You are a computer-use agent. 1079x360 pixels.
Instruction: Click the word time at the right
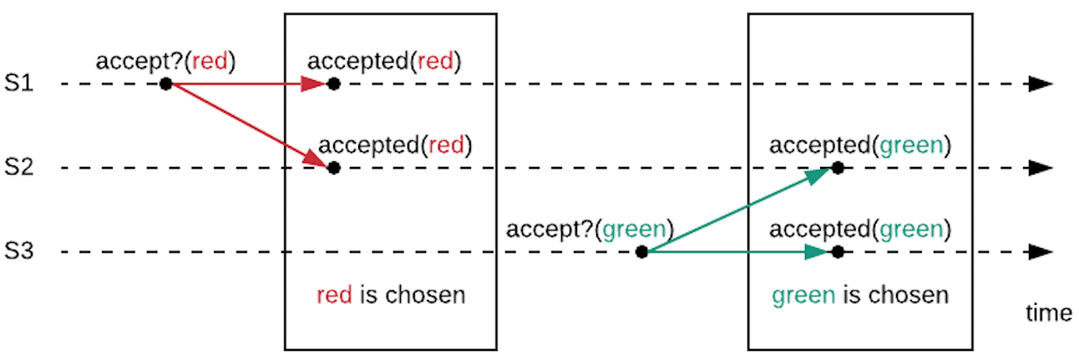tap(1048, 313)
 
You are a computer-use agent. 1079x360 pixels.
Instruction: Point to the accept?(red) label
tap(166, 61)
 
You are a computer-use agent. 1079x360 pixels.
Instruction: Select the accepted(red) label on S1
tap(384, 61)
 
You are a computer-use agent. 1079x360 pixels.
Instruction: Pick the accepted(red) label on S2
tap(395, 145)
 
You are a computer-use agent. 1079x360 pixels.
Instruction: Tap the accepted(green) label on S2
tap(859, 145)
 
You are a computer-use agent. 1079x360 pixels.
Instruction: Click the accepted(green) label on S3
tap(859, 229)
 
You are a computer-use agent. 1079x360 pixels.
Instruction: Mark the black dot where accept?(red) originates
tap(166, 84)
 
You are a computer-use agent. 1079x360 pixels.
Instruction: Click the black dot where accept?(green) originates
tap(641, 252)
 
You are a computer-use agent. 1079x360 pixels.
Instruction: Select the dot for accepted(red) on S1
tap(333, 84)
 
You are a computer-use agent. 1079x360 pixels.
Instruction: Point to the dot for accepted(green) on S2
tap(837, 168)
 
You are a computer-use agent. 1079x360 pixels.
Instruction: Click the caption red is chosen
tap(390, 295)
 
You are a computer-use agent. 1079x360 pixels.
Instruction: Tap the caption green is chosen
tap(859, 295)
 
